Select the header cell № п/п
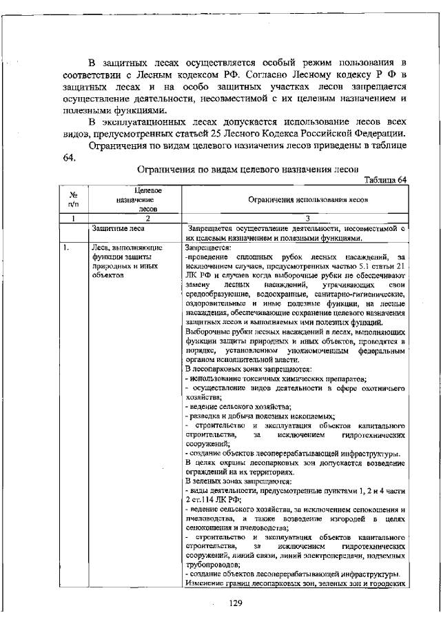point(72,199)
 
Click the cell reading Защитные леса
point(116,227)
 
